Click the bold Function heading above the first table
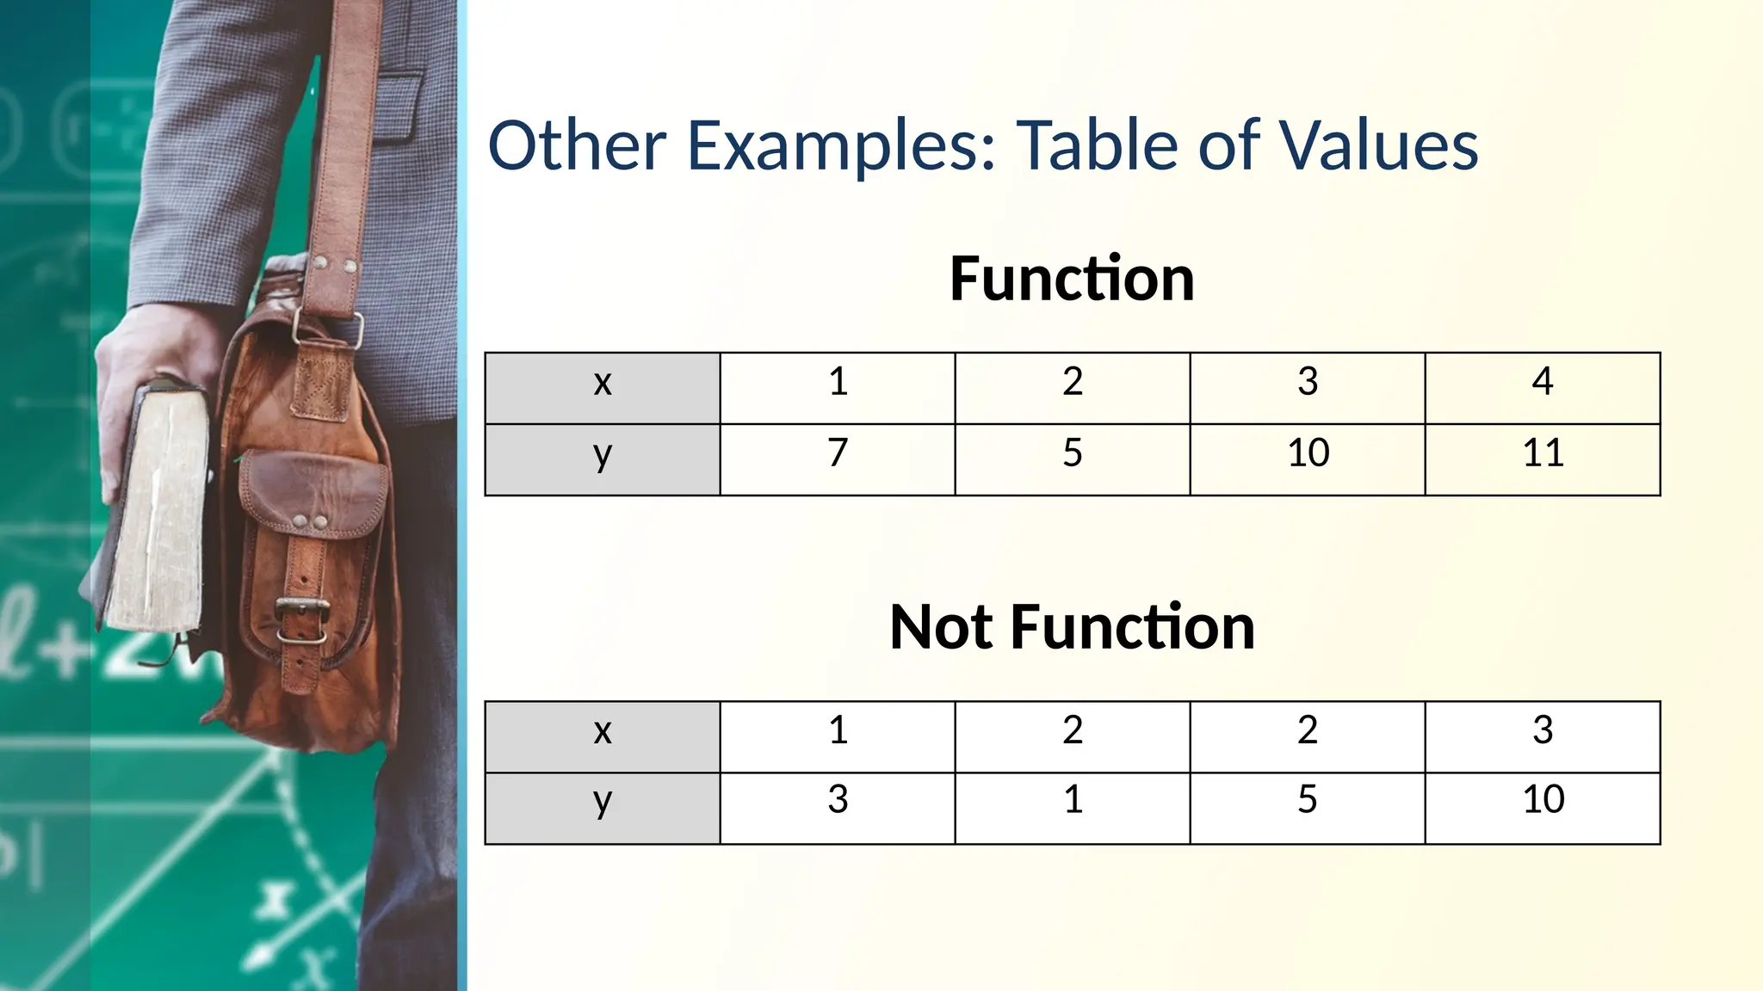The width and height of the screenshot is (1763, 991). click(1072, 279)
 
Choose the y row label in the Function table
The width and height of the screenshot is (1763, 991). click(603, 454)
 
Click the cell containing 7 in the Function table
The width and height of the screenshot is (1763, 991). click(838, 453)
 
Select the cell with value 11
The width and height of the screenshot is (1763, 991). click(1543, 453)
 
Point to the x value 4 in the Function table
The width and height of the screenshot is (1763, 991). click(1543, 382)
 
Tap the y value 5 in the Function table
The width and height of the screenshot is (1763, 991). click(1073, 453)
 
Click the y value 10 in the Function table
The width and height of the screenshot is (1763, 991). click(1308, 453)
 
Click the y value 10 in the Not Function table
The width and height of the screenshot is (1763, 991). click(1543, 800)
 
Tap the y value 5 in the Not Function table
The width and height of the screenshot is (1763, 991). click(1308, 800)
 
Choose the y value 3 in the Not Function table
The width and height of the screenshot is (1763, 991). click(838, 800)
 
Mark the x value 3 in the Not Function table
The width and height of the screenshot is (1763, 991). click(1543, 730)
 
